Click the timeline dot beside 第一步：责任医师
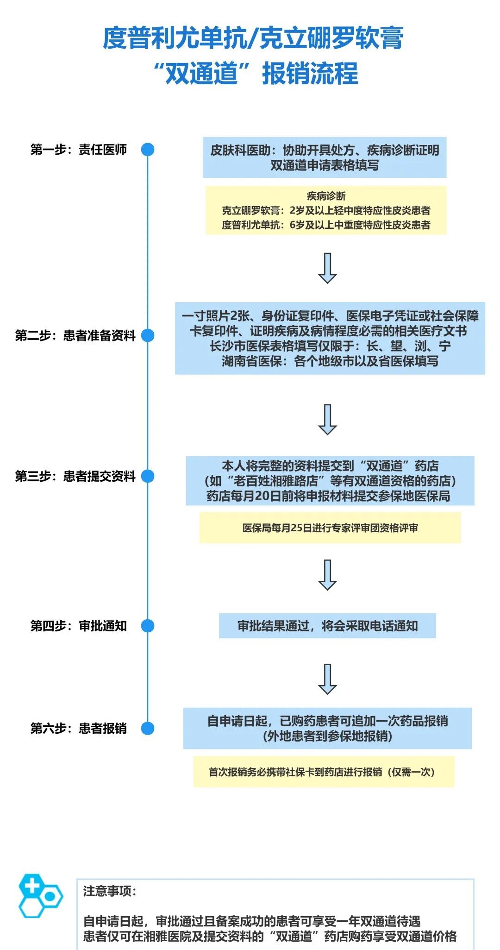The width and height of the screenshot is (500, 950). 147,150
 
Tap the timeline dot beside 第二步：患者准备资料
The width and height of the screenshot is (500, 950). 147,335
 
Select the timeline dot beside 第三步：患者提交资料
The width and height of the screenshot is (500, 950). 147,476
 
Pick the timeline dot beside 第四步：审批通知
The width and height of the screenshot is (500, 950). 147,626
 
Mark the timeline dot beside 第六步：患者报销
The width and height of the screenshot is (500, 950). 147,728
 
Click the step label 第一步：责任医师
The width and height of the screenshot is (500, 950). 78,150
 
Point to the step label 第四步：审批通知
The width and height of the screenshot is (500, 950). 78,626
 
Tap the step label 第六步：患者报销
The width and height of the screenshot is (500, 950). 78,728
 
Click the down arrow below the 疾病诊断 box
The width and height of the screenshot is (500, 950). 327,268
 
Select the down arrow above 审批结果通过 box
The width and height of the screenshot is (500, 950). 327,574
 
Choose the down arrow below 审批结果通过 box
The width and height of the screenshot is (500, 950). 327,679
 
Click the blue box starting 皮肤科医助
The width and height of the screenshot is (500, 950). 325,157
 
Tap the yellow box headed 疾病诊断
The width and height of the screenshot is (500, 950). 326,210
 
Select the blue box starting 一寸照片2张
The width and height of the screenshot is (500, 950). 330,338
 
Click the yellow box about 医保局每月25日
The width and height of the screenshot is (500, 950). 330,528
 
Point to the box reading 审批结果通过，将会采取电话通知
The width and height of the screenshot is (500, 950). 327,626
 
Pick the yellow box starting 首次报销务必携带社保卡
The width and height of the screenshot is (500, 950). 324,772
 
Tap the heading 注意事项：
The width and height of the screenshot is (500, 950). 109,891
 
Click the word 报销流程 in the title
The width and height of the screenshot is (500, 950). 310,74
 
